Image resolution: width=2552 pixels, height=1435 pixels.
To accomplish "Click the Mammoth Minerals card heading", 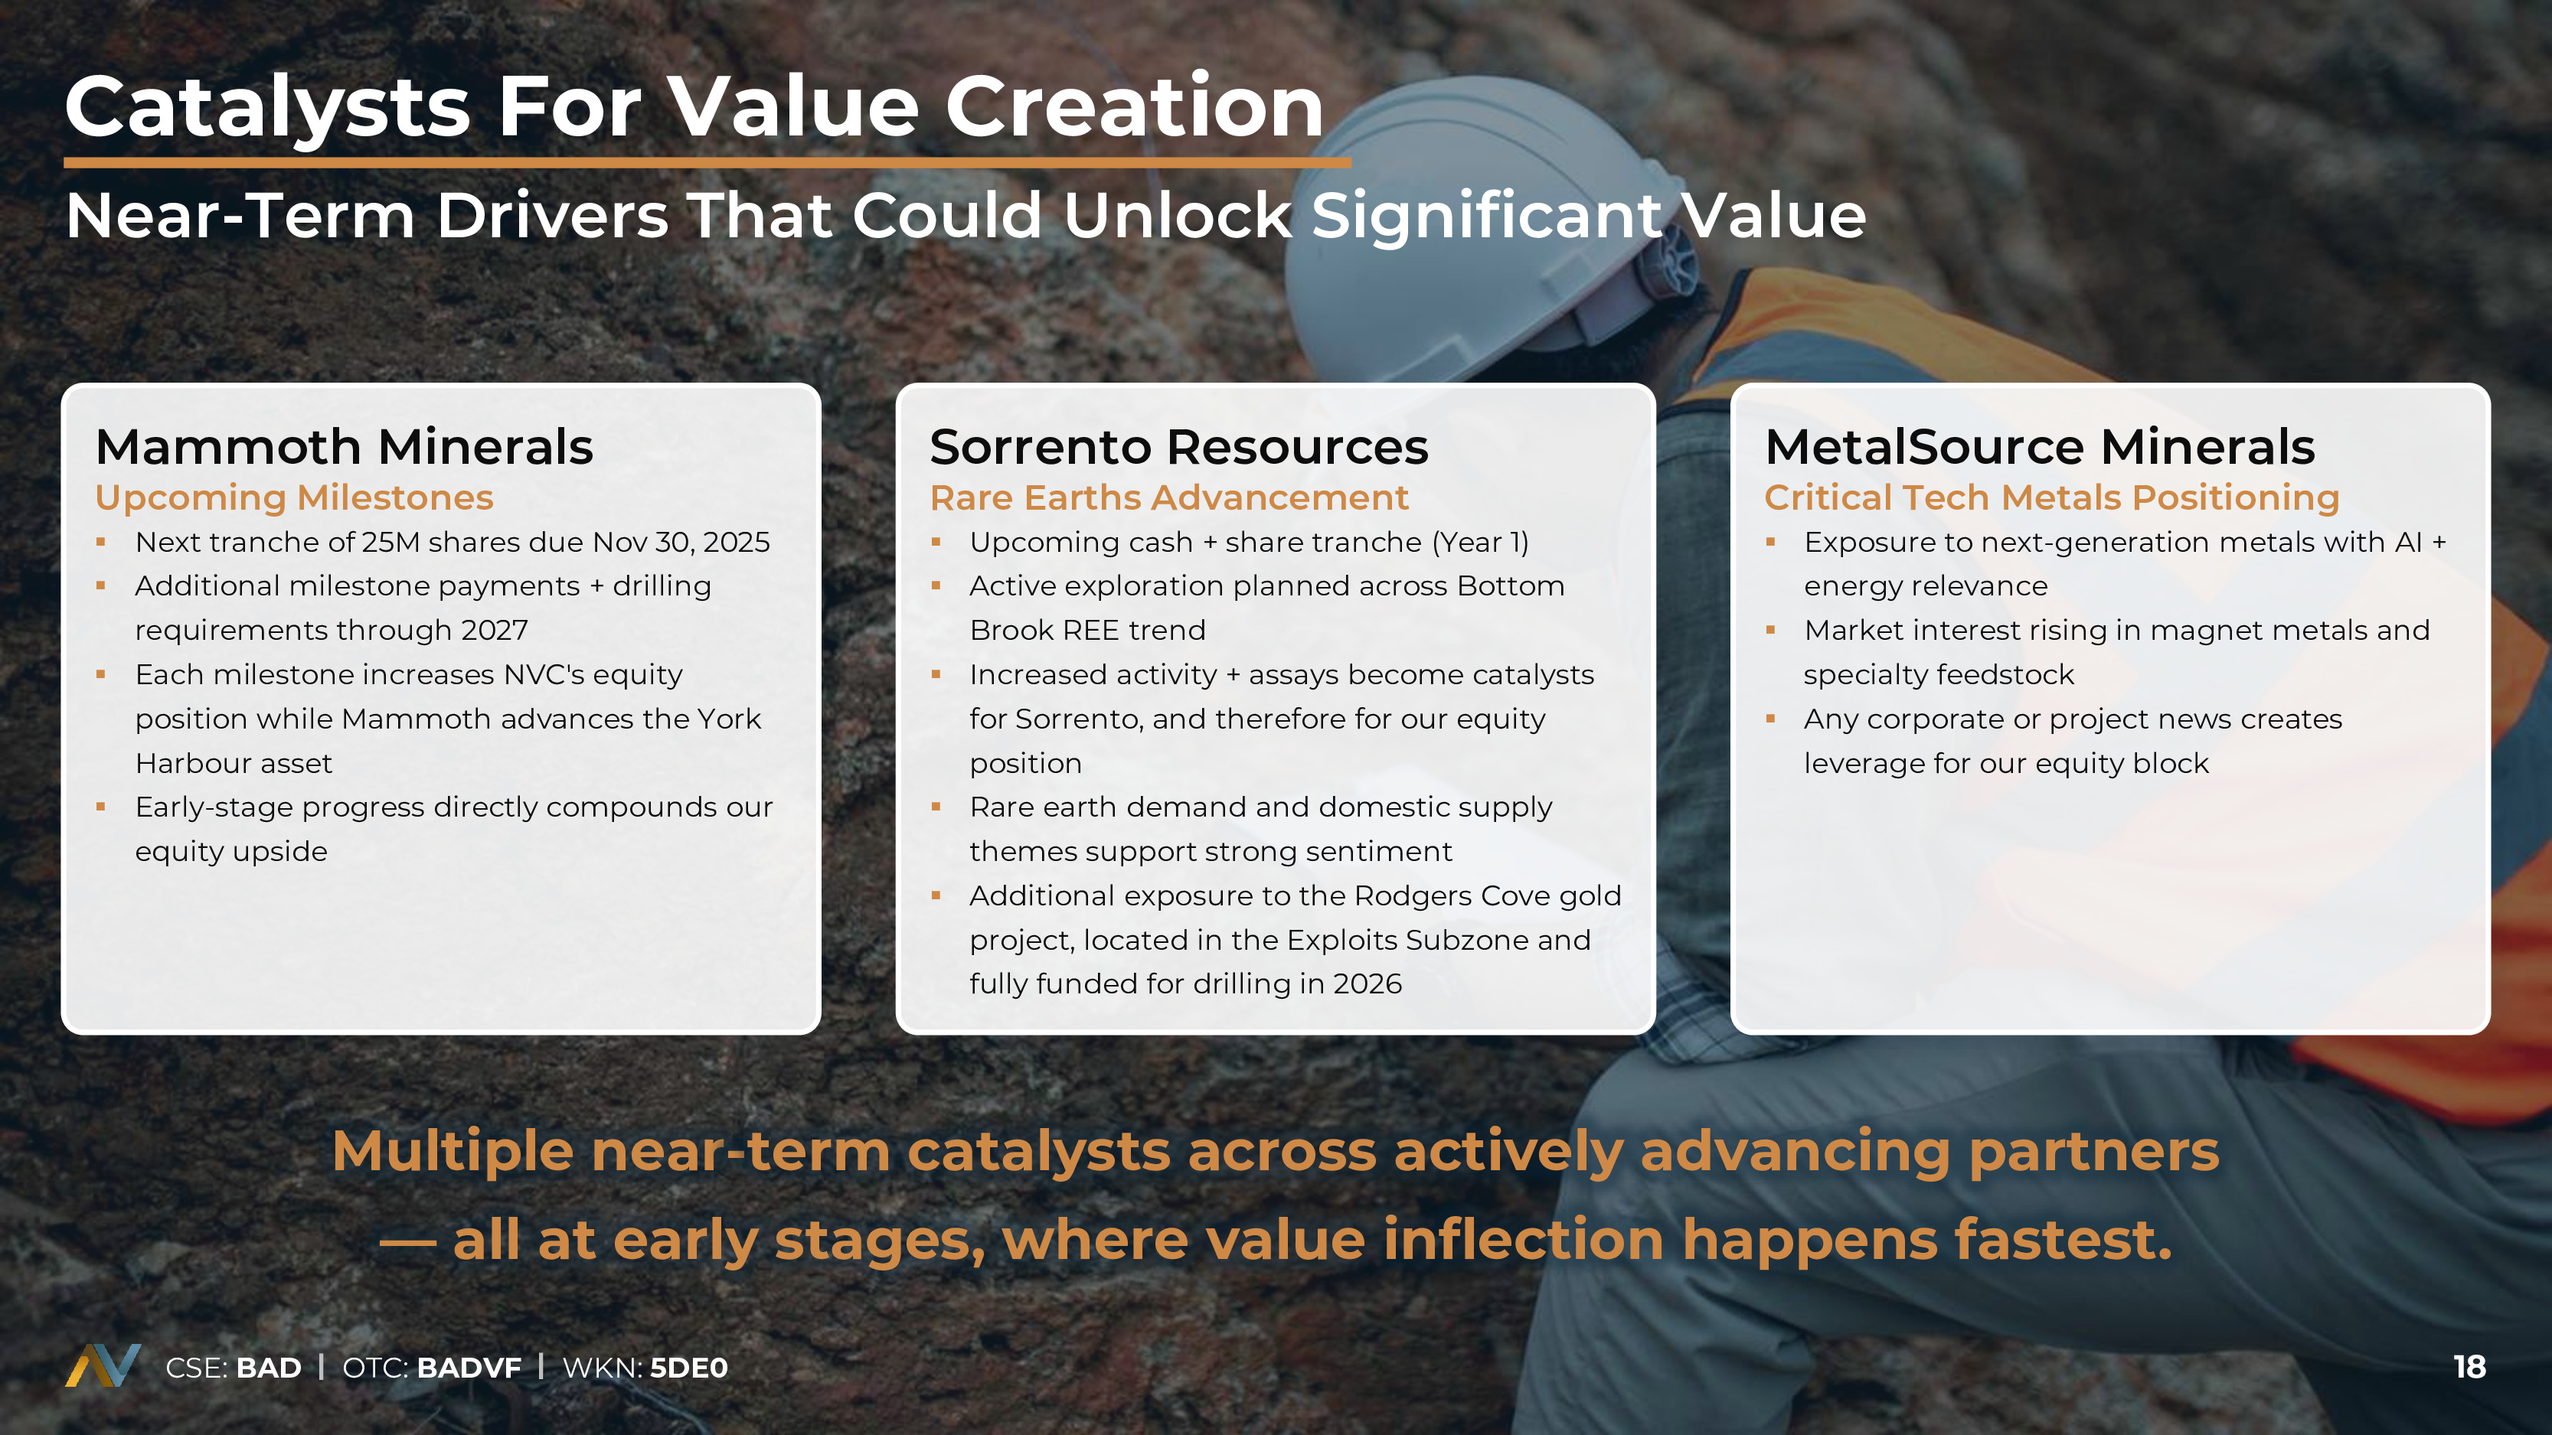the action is [x=344, y=447].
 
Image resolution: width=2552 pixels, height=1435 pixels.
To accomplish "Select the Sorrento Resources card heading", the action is [x=1179, y=447].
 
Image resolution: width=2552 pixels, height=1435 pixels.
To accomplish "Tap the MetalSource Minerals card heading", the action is [x=2040, y=447].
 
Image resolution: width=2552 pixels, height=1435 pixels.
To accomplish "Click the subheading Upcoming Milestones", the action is [x=294, y=498].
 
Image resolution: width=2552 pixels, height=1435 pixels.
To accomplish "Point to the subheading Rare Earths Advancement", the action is [x=1169, y=498].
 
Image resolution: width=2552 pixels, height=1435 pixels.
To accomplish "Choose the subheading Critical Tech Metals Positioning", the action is [x=2052, y=498].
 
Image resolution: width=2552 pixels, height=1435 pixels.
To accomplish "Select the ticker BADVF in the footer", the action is [x=469, y=1368].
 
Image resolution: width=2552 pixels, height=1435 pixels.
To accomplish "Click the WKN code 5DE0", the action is [x=688, y=1368].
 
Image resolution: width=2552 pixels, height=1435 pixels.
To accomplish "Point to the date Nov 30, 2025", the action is [x=681, y=543].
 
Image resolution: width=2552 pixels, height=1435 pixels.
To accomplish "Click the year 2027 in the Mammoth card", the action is [x=495, y=631].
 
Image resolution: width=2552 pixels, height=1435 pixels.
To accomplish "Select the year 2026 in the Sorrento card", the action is [x=1367, y=984].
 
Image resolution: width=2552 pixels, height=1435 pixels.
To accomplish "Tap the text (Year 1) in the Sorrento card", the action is [x=1480, y=543].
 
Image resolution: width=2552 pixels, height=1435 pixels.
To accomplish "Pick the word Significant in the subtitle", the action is [x=1487, y=217].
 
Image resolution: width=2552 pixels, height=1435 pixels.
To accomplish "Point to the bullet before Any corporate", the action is [x=1770, y=719].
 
